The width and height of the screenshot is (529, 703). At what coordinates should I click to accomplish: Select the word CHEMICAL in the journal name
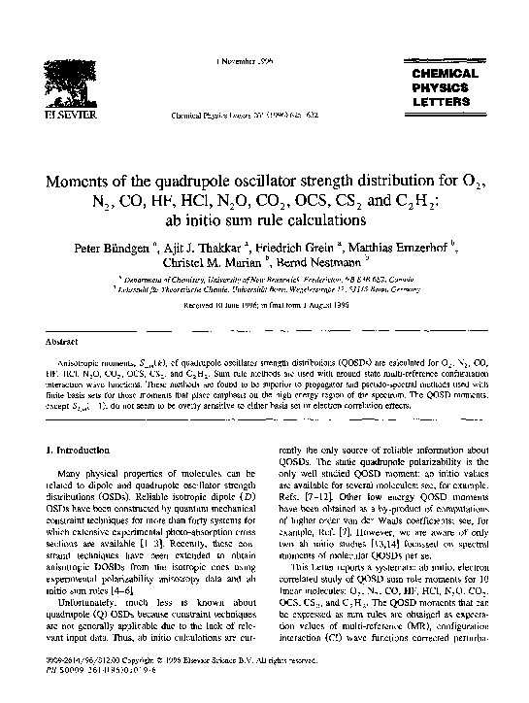click(446, 74)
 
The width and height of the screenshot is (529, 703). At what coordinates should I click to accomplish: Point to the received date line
click(263, 306)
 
